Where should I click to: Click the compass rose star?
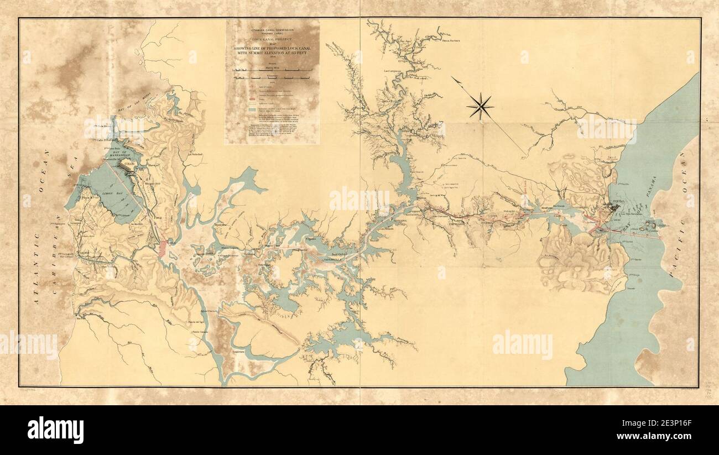point(480,106)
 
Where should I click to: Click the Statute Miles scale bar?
point(267,70)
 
